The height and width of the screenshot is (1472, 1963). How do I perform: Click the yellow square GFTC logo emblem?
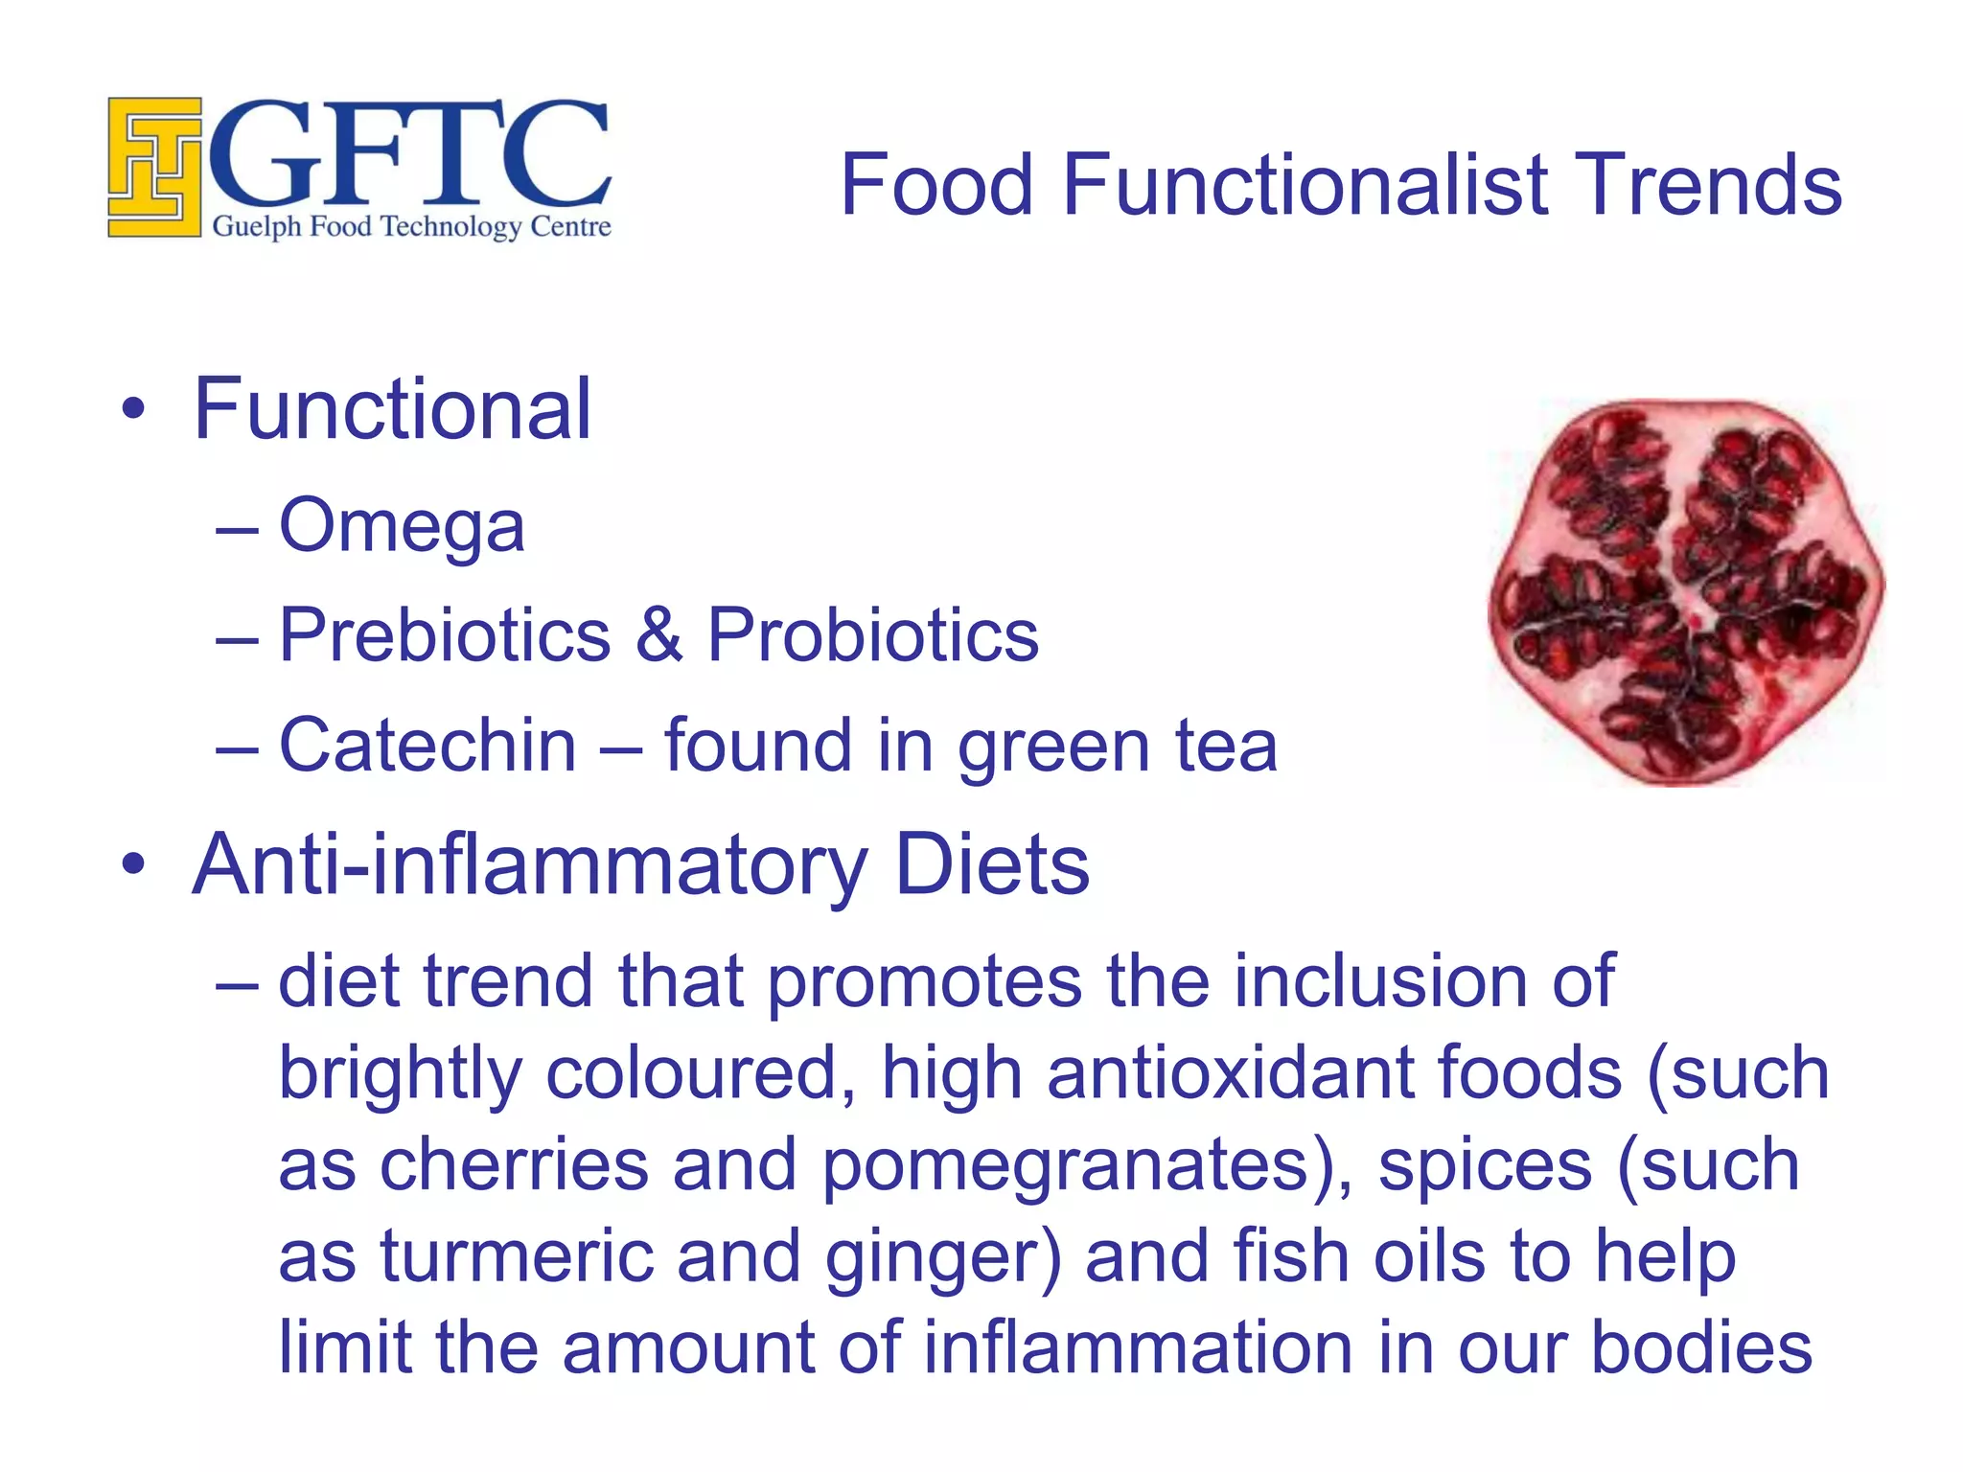154,167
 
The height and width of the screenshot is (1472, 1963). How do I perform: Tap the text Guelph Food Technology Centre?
411,227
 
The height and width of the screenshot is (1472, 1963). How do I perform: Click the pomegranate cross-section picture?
1686,592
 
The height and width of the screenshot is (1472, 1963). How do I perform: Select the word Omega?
402,527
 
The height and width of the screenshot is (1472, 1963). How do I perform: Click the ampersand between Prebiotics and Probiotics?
659,635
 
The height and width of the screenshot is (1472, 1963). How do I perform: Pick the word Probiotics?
872,635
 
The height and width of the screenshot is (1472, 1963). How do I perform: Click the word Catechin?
427,746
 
